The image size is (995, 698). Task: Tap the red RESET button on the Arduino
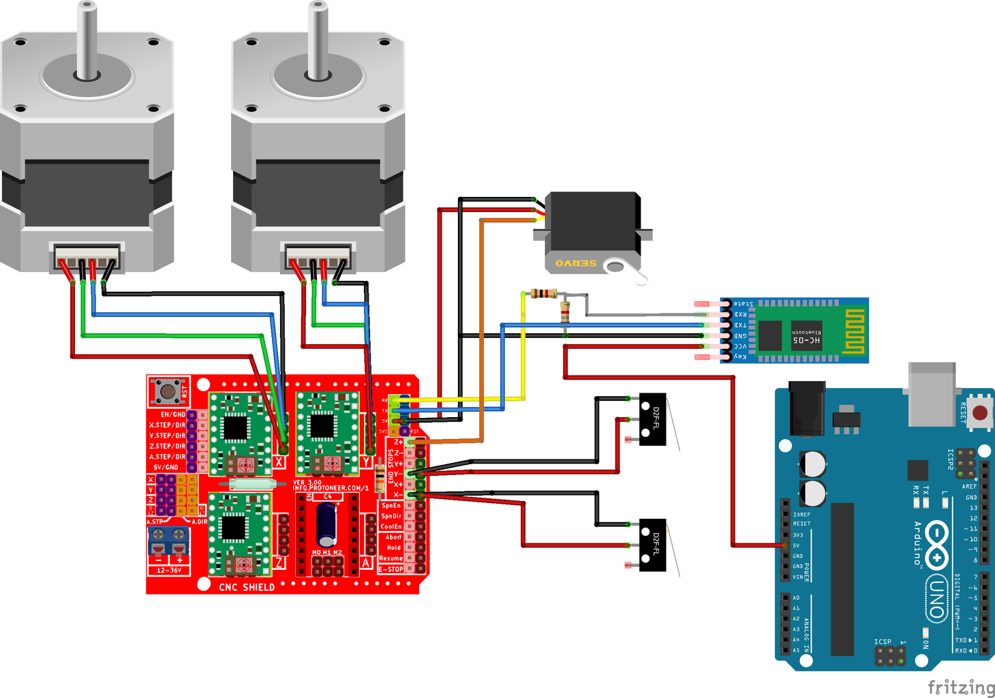980,412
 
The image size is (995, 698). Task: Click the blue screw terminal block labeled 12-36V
168,541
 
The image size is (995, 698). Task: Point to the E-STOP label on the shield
391,569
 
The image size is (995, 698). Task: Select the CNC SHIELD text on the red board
247,587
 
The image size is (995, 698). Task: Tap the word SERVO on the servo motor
576,263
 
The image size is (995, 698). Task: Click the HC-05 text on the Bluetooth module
806,339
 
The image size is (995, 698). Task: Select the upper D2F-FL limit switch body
652,419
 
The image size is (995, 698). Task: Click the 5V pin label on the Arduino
796,545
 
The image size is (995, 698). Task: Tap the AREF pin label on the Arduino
968,487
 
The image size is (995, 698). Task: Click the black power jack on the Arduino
807,408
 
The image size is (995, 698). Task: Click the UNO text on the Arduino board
936,600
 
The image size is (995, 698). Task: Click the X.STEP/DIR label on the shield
167,425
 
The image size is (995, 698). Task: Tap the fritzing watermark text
960,687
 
